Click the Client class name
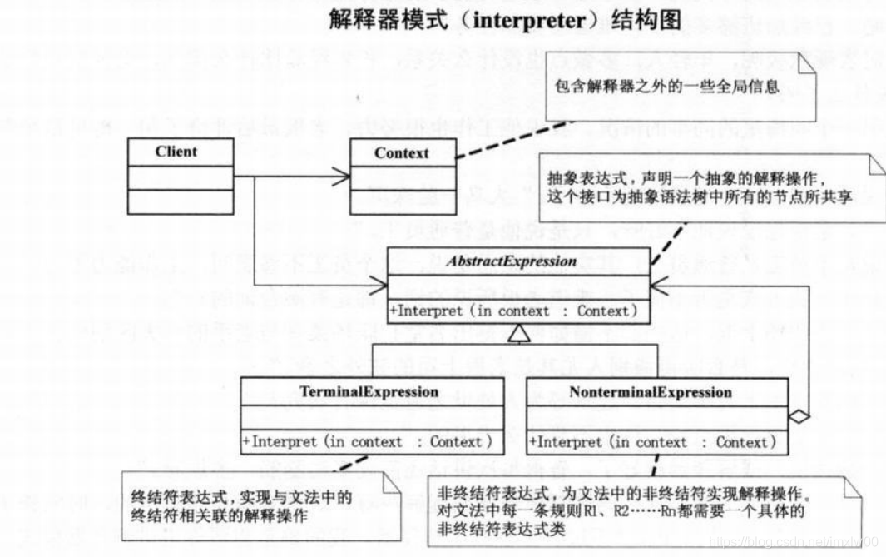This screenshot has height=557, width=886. pyautogui.click(x=176, y=152)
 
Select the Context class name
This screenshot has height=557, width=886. pyautogui.click(x=401, y=153)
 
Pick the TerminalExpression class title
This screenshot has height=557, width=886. pyautogui.click(x=370, y=391)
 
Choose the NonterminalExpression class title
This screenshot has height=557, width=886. pyautogui.click(x=651, y=392)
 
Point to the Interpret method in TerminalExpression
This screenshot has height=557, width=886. pyautogui.click(x=367, y=442)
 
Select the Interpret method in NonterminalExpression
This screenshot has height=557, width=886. pyautogui.click(x=653, y=443)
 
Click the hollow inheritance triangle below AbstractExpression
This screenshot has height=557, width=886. pyautogui.click(x=516, y=335)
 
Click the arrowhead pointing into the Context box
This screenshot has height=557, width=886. pyautogui.click(x=340, y=176)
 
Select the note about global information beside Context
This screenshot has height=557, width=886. pyautogui.click(x=666, y=87)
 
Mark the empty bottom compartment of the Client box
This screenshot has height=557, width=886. pyautogui.click(x=176, y=201)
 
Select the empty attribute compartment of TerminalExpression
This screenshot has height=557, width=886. pyautogui.click(x=370, y=415)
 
